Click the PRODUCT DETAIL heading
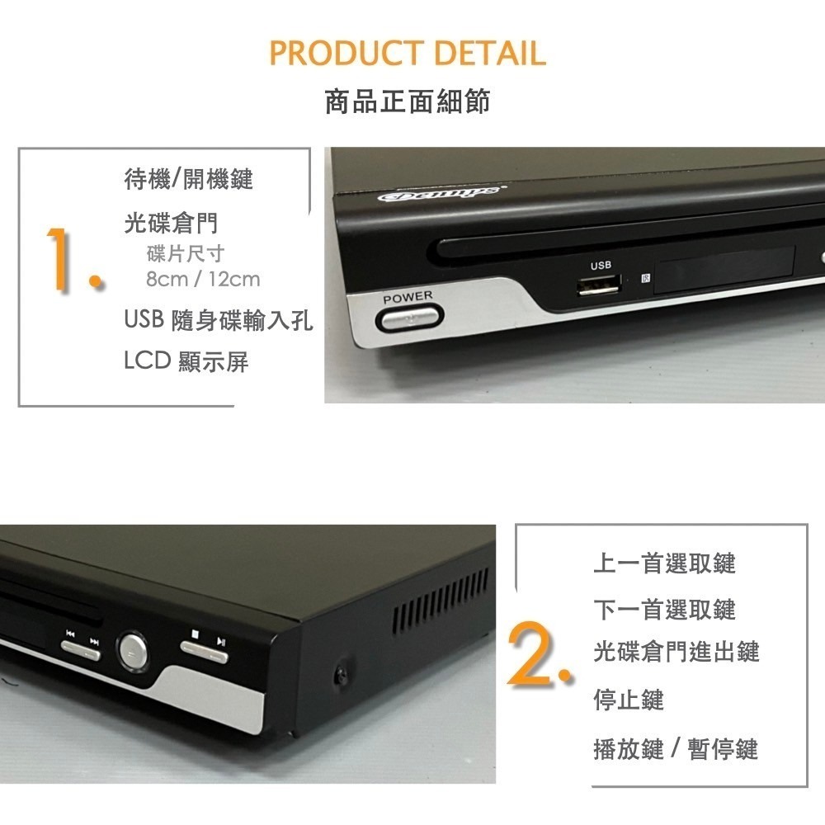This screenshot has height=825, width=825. tap(408, 54)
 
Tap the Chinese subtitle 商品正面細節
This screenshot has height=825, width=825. tap(408, 102)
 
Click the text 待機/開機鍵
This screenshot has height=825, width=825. tap(188, 178)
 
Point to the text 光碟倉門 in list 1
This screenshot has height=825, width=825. tap(171, 223)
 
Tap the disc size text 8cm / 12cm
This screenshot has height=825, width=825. tap(203, 279)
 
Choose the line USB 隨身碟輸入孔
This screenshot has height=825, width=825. tap(219, 320)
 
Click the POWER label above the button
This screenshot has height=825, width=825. tap(408, 296)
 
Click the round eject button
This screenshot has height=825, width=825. tap(133, 649)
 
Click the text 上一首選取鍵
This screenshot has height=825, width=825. tap(664, 563)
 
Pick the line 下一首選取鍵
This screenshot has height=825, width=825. tap(664, 610)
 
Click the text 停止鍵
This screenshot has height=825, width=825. tap(629, 700)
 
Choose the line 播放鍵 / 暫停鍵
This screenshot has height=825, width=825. tap(675, 749)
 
